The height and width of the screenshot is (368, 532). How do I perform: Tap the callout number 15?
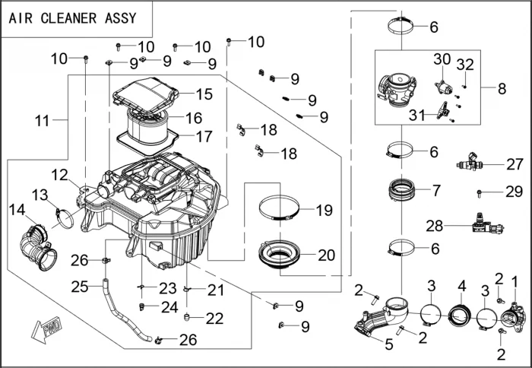[204, 94]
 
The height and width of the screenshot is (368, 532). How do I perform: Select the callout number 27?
[515, 163]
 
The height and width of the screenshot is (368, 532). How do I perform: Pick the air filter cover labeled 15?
[144, 97]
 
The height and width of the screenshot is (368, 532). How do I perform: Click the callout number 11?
[42, 120]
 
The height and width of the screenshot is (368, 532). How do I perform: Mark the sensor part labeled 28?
[480, 223]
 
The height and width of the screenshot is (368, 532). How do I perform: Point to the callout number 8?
[502, 89]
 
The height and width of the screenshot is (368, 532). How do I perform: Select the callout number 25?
[81, 286]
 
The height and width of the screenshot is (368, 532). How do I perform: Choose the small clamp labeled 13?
[63, 216]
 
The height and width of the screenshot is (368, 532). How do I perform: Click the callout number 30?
[442, 59]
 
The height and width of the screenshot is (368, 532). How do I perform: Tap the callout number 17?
[204, 137]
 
